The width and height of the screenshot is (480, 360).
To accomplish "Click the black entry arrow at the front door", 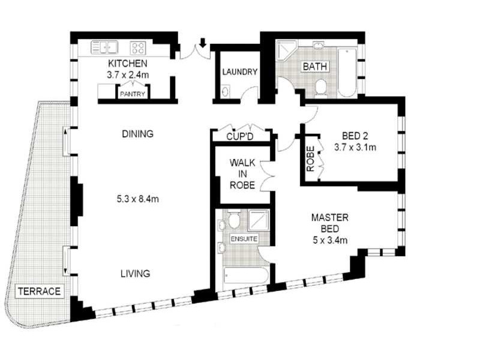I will click(203, 43).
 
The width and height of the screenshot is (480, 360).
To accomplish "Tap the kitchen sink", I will click(104, 47).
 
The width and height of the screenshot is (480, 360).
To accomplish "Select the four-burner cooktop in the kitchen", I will click(137, 47).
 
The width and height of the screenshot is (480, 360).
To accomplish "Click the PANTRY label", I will click(131, 94).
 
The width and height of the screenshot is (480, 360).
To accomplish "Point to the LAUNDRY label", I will click(239, 72).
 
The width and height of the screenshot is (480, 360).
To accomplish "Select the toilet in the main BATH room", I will click(320, 86).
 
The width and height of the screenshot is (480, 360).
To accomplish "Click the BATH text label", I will click(314, 65).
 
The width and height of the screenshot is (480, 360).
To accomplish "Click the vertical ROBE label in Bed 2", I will click(310, 159).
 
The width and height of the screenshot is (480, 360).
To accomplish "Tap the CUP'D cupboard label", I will click(240, 136).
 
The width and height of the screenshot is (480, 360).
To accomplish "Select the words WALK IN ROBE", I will click(242, 174).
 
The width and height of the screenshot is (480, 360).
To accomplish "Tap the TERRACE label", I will click(39, 292).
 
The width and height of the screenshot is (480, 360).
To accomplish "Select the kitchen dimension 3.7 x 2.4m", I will click(127, 75).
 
